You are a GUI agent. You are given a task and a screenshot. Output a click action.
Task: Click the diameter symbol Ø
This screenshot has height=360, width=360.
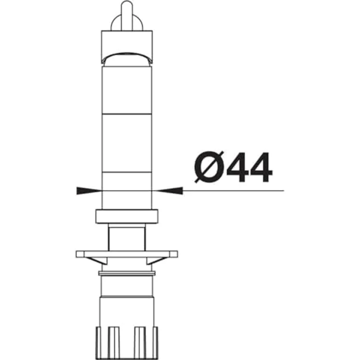point(209,167)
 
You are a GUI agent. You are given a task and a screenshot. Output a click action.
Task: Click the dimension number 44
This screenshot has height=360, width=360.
point(249,167)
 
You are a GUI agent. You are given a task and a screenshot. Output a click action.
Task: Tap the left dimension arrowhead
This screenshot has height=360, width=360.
point(89,191)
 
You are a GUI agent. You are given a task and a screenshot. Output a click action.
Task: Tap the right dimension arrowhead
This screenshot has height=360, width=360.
point(169,191)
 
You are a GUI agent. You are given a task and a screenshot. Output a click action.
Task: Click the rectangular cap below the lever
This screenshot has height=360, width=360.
point(127,46)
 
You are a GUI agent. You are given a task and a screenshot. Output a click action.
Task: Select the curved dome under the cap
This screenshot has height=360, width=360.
point(127,59)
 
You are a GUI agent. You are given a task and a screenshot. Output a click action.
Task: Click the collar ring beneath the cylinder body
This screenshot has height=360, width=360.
point(127,216)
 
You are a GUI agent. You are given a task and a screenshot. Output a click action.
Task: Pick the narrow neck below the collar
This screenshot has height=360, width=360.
point(127,237)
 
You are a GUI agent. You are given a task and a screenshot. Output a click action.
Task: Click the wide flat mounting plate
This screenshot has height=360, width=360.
point(127,254)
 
